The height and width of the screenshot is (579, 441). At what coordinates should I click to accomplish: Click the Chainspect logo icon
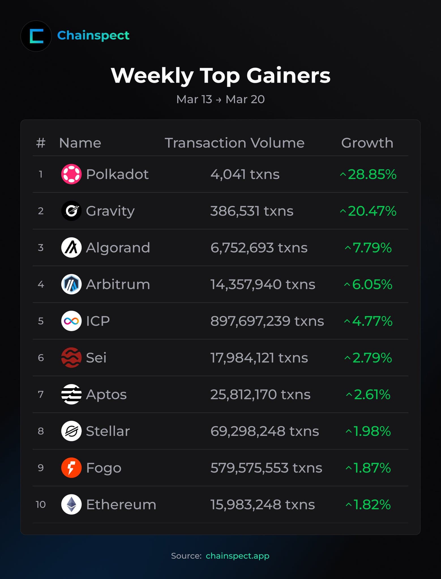click(x=36, y=36)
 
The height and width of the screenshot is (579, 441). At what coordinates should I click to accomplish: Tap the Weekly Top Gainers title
click(x=220, y=75)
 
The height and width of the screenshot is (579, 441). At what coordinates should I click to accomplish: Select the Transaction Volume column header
click(x=234, y=143)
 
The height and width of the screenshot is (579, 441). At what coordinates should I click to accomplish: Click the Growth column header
click(x=367, y=143)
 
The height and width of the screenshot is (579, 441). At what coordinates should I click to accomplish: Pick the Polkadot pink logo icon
click(x=71, y=174)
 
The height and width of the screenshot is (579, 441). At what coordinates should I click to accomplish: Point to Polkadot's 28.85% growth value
click(x=368, y=174)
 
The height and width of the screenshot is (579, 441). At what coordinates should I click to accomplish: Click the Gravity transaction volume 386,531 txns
click(x=252, y=211)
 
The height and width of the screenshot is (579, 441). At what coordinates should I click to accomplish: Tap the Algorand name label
click(x=118, y=248)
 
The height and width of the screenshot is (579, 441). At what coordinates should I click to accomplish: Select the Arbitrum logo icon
click(x=71, y=284)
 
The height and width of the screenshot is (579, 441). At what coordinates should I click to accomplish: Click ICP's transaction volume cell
click(x=267, y=321)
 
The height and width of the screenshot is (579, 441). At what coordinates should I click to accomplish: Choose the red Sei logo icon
click(x=71, y=358)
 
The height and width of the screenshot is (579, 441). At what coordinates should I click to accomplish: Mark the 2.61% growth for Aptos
click(x=369, y=394)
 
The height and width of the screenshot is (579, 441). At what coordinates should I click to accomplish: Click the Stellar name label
click(x=108, y=431)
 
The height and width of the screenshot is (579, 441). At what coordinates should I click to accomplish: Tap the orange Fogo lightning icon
click(x=71, y=468)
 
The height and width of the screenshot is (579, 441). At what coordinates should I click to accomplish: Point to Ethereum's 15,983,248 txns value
click(x=262, y=504)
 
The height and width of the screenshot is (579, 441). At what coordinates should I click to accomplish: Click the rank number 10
click(x=41, y=504)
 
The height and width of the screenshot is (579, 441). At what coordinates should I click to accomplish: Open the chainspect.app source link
click(x=237, y=556)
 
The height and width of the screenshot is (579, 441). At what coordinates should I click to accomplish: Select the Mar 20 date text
click(x=245, y=99)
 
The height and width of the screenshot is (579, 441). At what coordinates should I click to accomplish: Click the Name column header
click(x=80, y=143)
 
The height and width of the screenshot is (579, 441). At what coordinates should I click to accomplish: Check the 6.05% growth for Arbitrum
click(x=369, y=284)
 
